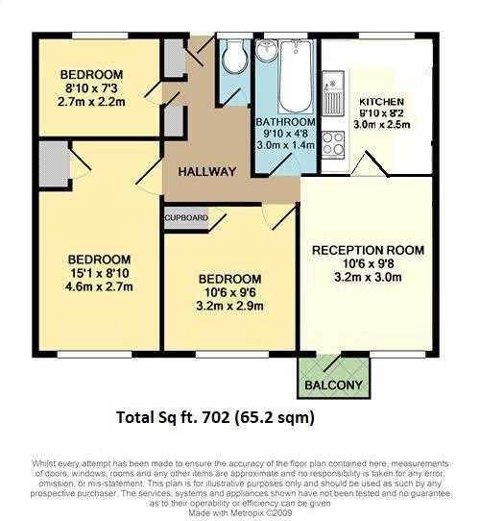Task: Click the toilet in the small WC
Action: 235,56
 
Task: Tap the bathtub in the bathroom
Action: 296,77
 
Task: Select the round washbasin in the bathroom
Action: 266,51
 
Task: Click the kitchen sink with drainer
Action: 333,93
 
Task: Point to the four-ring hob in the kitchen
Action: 333,145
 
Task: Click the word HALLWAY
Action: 207,171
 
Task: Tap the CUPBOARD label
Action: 186,218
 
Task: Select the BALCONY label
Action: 333,385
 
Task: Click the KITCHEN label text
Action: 382,102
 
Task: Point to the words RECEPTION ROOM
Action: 368,250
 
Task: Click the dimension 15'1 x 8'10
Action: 100,273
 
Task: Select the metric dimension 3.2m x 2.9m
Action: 229,306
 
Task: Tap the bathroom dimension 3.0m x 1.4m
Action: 286,145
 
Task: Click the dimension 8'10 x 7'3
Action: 91,88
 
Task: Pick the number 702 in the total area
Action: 217,417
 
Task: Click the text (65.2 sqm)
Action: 275,417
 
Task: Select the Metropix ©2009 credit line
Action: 240,513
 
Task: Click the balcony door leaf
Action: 332,362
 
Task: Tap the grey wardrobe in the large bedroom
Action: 54,163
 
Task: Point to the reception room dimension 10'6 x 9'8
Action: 368,263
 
